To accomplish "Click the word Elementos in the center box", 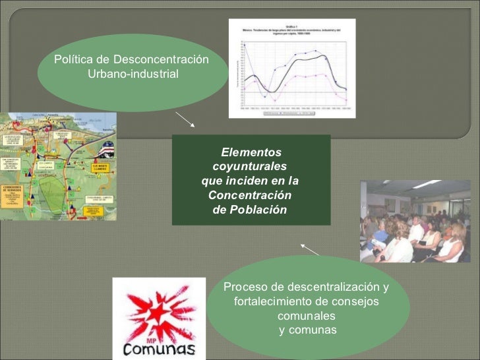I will click(251, 152).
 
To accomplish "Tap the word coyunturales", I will click(251, 167).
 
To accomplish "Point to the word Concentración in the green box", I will click(250, 196).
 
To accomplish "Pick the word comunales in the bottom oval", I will click(307, 316).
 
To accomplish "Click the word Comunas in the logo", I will click(158, 349).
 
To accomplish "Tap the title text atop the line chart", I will click(291, 26).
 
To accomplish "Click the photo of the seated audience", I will click(415, 221).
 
